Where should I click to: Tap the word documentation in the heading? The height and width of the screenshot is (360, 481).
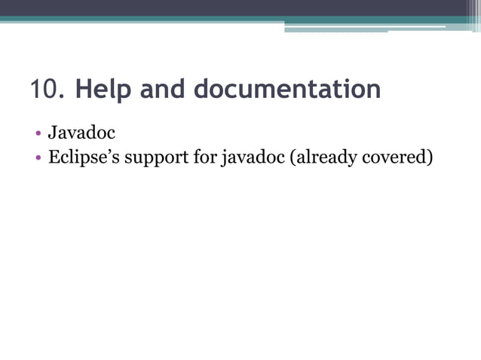287,89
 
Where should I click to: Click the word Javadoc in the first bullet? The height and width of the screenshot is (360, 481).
81,133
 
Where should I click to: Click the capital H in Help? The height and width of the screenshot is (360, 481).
83,89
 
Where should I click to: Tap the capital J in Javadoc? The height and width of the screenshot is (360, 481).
53,133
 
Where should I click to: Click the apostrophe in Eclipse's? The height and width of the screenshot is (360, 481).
104,154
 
